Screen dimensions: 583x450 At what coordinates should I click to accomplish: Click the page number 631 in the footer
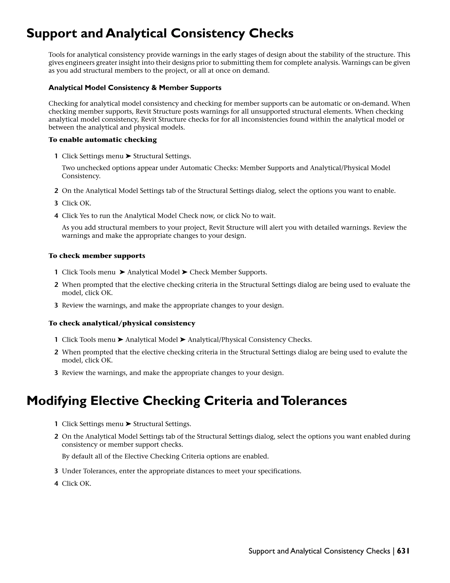(x=403, y=551)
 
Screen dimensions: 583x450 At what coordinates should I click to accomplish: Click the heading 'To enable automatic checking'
(x=103, y=140)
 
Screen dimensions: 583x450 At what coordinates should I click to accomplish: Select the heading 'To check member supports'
(x=97, y=256)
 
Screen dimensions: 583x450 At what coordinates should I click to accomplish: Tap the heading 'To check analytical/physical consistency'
(x=122, y=323)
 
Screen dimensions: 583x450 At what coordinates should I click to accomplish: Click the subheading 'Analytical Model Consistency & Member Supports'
(x=135, y=88)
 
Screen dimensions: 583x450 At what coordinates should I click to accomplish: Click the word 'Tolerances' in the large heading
(x=314, y=401)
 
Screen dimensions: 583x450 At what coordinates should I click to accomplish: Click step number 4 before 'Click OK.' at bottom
(x=56, y=484)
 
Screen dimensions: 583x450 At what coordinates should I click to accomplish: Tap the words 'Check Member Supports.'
(x=228, y=272)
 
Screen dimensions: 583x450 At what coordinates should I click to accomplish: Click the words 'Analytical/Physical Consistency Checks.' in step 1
(x=250, y=340)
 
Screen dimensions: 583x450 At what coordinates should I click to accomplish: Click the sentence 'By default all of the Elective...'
(x=165, y=456)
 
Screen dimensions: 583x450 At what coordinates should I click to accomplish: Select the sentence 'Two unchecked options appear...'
(x=226, y=168)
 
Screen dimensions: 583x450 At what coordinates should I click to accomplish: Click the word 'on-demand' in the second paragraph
(x=370, y=104)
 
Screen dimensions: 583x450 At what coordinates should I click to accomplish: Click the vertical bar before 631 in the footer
(x=394, y=551)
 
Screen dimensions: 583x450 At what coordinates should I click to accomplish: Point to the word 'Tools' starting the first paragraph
(x=55, y=55)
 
